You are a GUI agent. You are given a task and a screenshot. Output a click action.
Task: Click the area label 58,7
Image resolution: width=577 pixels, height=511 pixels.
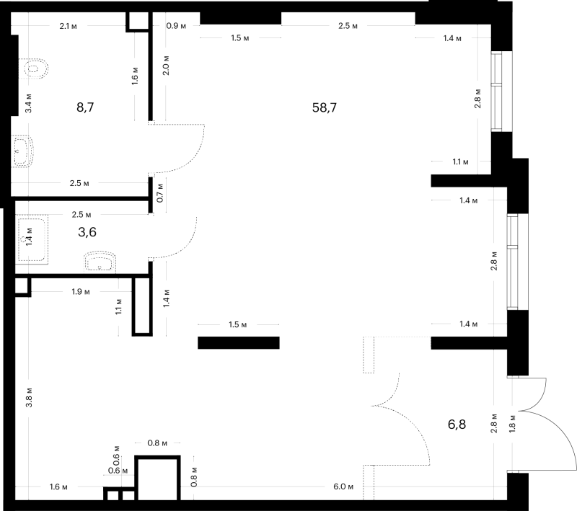(x=324, y=107)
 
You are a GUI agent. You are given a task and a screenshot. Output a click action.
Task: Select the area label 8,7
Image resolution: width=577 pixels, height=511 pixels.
(x=85, y=107)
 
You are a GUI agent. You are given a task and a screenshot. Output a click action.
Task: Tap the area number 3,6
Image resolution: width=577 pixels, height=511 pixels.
(x=87, y=232)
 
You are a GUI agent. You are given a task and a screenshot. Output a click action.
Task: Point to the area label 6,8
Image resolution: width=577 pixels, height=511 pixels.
(x=457, y=425)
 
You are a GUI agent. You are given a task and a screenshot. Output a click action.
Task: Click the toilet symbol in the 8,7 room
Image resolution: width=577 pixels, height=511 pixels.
(x=33, y=68)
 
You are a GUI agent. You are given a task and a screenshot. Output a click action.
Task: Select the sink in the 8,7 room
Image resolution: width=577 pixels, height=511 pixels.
(x=23, y=151)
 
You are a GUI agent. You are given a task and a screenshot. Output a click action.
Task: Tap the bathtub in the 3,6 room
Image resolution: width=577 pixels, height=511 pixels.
(x=32, y=241)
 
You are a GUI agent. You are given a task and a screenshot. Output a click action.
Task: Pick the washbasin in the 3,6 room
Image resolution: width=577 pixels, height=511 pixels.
(x=100, y=262)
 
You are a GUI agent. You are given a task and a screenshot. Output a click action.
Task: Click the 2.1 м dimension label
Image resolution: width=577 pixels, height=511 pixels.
(x=68, y=26)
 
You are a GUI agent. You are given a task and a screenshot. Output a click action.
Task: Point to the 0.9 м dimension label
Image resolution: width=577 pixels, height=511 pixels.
(x=176, y=26)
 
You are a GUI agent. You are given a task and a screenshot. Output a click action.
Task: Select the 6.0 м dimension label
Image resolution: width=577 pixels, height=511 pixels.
(x=343, y=486)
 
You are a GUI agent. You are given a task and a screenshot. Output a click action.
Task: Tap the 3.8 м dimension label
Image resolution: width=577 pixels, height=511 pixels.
(x=29, y=397)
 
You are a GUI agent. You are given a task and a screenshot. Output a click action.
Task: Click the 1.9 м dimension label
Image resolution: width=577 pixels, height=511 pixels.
(x=81, y=292)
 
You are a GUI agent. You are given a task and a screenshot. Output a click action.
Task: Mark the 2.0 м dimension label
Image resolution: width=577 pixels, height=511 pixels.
(x=166, y=66)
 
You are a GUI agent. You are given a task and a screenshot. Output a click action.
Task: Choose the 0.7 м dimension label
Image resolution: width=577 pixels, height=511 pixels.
(x=160, y=192)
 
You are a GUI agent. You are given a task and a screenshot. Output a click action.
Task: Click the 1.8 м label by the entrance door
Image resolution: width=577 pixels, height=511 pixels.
(x=512, y=423)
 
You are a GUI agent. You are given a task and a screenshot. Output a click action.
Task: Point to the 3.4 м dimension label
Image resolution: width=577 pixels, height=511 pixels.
(x=29, y=103)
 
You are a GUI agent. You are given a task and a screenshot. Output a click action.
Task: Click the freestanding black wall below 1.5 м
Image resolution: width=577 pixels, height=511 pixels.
(x=239, y=342)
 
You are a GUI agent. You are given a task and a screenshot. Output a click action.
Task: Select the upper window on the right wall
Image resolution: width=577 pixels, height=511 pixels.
(x=496, y=91)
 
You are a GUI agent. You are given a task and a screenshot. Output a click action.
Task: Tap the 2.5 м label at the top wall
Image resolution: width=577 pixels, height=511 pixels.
(x=348, y=26)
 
